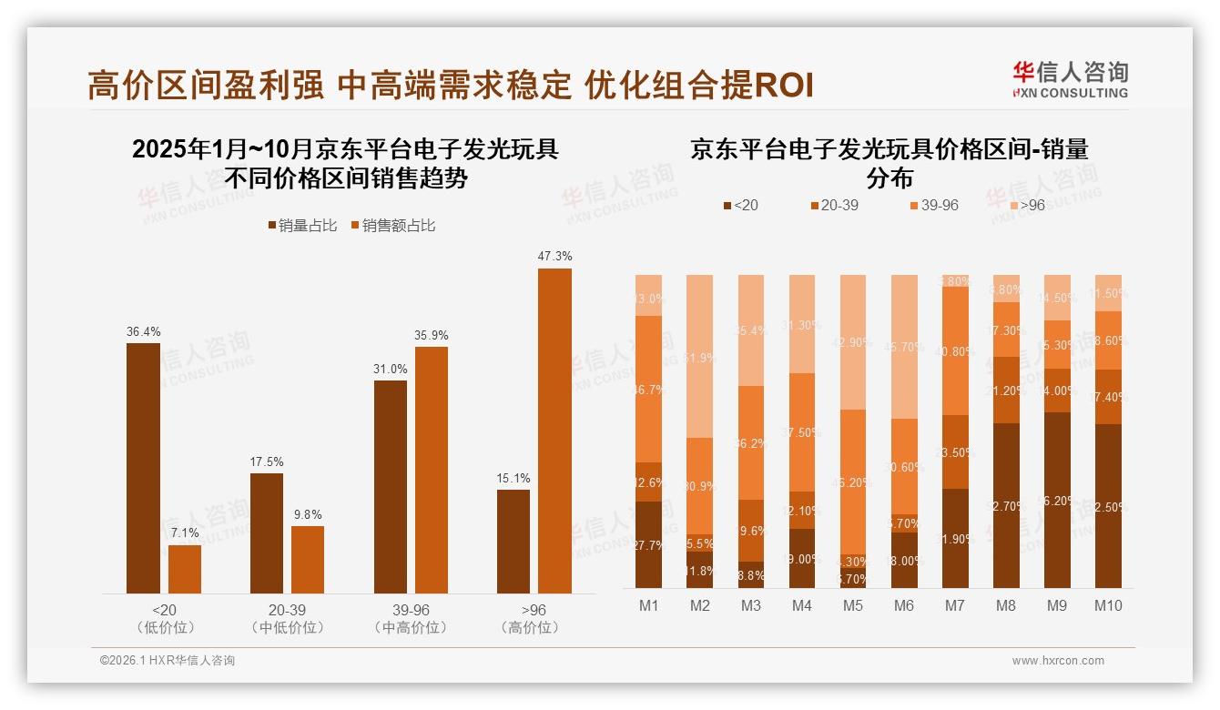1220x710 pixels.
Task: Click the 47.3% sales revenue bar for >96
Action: [554, 431]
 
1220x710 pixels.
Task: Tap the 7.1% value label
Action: [185, 532]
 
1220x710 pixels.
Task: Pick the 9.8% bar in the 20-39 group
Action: [308, 560]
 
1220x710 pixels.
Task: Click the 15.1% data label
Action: [513, 478]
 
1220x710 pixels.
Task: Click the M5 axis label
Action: [853, 605]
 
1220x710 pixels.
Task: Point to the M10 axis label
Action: [1108, 605]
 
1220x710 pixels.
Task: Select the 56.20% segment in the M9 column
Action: [1057, 500]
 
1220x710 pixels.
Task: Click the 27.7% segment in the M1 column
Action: [649, 544]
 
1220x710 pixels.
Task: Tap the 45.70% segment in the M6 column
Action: [904, 346]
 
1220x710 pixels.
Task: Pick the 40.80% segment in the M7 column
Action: [955, 350]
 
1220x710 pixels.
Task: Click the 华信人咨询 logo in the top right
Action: [1070, 79]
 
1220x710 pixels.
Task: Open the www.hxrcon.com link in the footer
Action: [1057, 661]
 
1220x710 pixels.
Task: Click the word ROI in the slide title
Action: [784, 86]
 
